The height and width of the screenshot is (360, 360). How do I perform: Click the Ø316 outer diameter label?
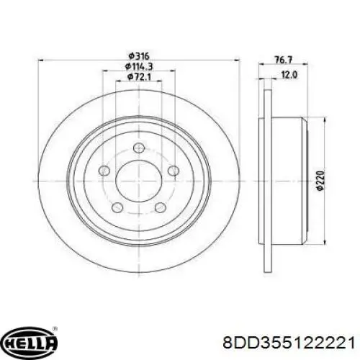click(x=139, y=57)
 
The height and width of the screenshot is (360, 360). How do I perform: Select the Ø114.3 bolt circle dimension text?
click(x=139, y=66)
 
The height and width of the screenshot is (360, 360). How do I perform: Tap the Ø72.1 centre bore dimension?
click(x=139, y=77)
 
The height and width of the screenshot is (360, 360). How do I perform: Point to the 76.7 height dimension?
click(x=283, y=60)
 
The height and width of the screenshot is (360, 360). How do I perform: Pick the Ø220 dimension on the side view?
click(x=320, y=181)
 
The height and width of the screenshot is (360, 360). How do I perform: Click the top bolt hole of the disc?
click(x=139, y=148)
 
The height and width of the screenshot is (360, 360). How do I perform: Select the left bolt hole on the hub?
click(x=104, y=171)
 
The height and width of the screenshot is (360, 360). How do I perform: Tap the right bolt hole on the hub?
click(x=174, y=171)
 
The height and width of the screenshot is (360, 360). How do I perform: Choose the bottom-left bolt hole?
click(x=117, y=207)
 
